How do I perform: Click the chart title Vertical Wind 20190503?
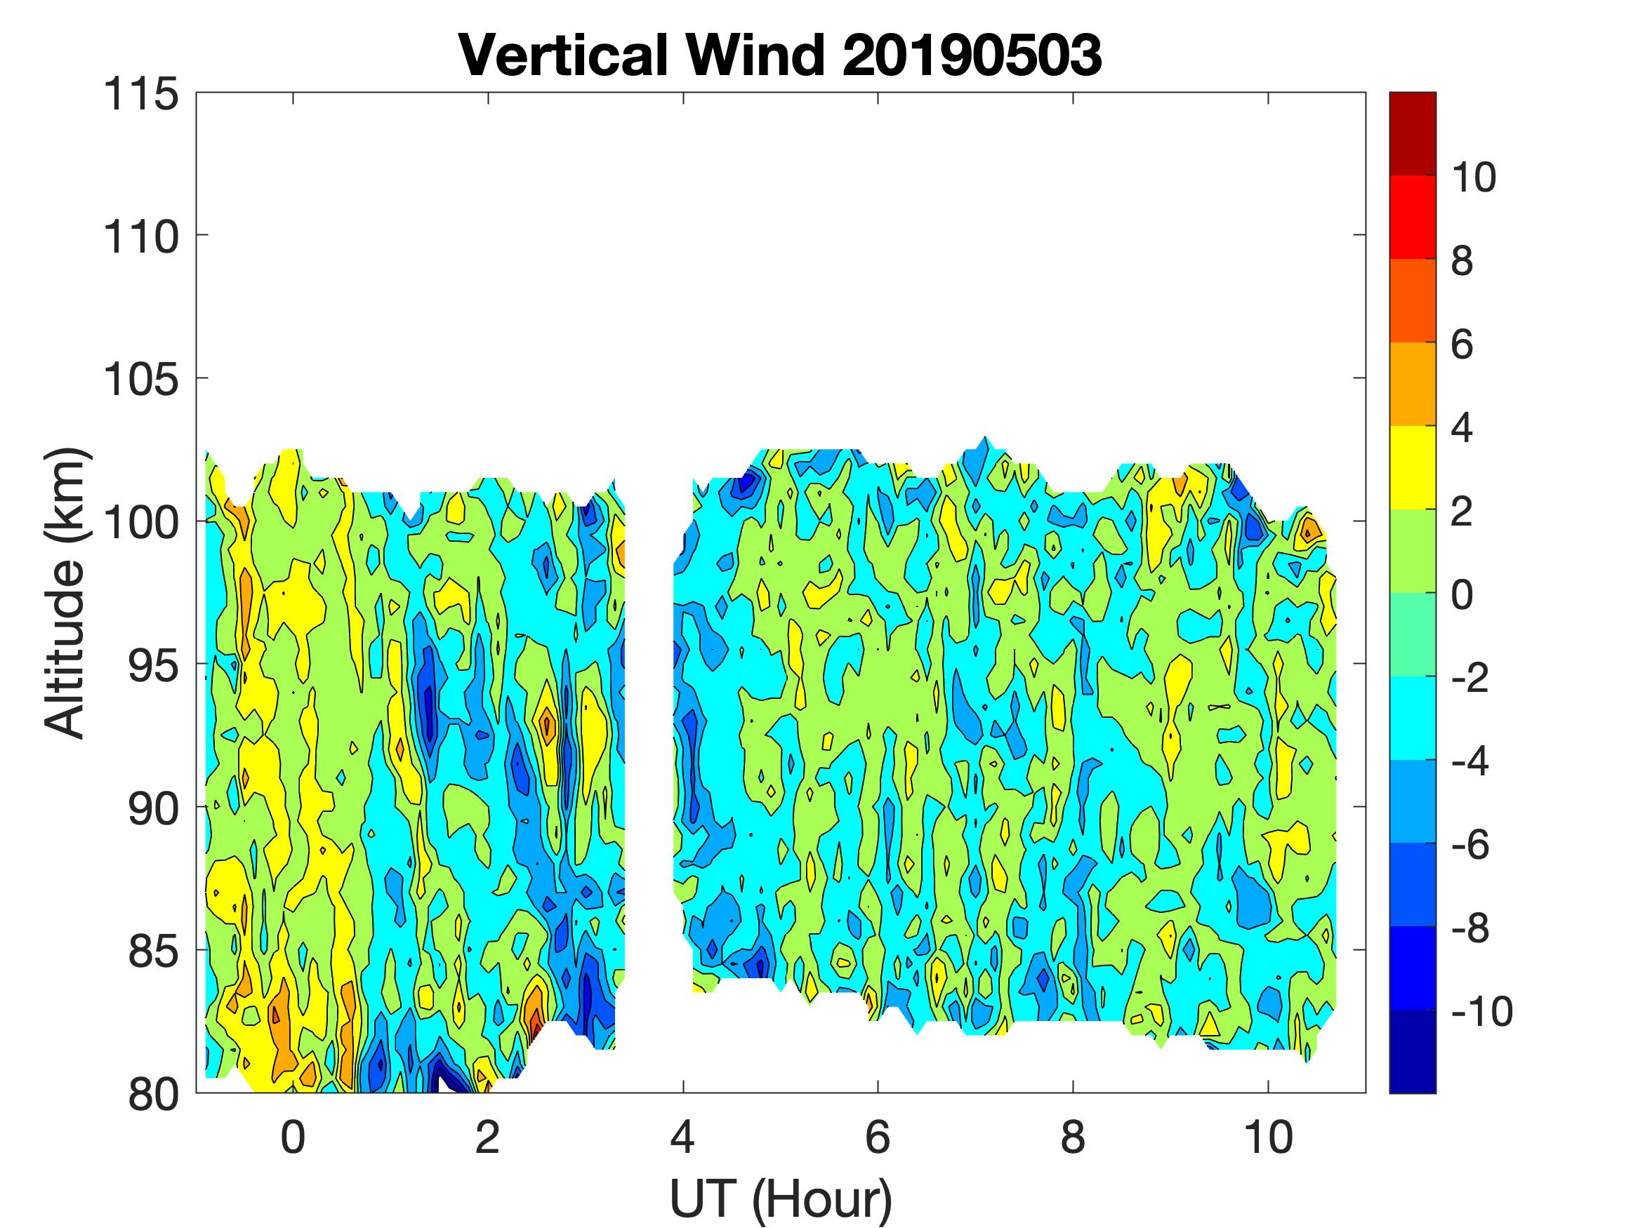(781, 55)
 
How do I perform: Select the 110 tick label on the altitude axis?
(140, 238)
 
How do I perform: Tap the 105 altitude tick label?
(140, 380)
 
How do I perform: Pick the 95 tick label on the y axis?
(153, 666)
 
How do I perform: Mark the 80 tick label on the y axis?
(153, 1095)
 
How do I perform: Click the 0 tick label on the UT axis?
(293, 1137)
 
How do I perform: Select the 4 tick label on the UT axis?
(682, 1137)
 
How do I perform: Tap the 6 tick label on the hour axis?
(878, 1137)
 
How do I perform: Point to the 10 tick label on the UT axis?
(1268, 1137)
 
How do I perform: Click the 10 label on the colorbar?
(1473, 178)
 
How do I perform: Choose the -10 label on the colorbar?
(1481, 1011)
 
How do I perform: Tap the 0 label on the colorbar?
(1462, 594)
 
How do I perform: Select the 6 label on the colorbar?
(1462, 345)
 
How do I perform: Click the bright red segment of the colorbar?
(1412, 217)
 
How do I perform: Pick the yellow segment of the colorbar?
(1412, 467)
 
